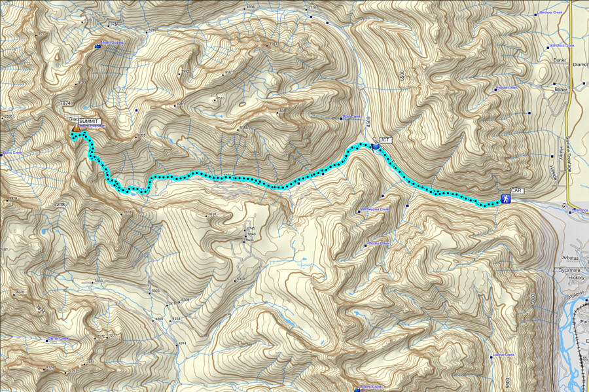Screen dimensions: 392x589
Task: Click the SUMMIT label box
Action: [89, 122]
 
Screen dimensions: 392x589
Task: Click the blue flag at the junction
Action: [375, 145]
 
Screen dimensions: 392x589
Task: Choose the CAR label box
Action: [516, 190]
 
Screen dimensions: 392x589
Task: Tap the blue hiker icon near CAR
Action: [506, 198]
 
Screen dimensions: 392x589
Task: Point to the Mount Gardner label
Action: [113, 43]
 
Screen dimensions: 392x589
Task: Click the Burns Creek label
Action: [13, 153]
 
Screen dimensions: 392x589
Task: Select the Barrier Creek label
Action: [58, 339]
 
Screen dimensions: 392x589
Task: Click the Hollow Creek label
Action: [507, 88]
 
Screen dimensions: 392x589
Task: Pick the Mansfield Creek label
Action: [562, 46]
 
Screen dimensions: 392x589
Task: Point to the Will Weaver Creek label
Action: [374, 210]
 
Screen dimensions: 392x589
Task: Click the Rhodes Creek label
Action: [378, 243]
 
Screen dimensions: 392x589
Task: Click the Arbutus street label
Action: [571, 257]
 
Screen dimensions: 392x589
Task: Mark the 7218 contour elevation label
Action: [60, 205]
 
